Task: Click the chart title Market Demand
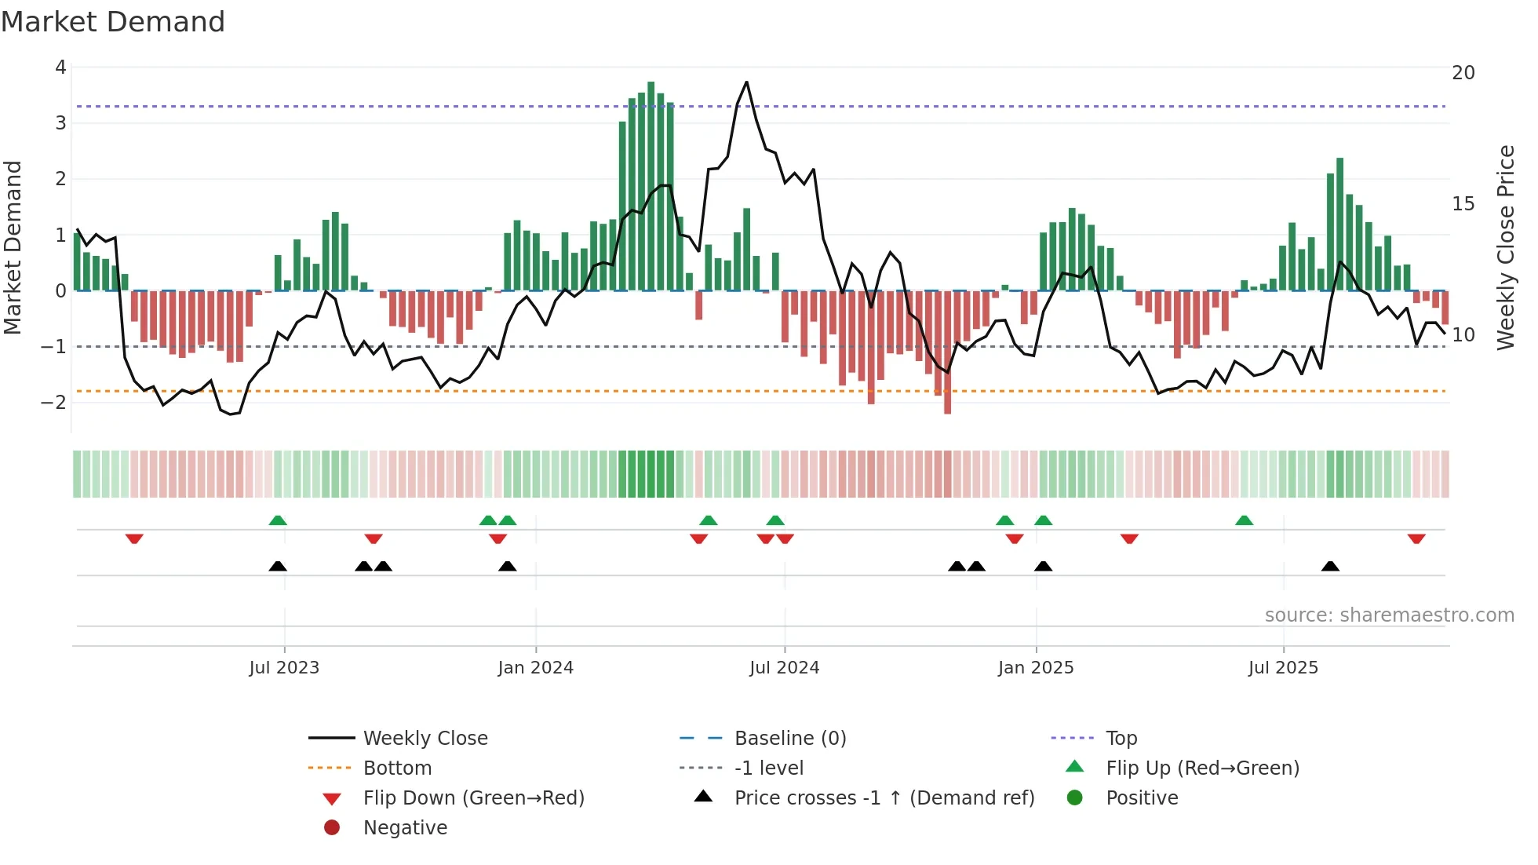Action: pyautogui.click(x=113, y=22)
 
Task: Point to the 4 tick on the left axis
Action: pyautogui.click(x=60, y=68)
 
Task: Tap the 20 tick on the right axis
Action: pyautogui.click(x=1463, y=73)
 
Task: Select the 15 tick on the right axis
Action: pyautogui.click(x=1463, y=204)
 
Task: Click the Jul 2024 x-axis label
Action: pyautogui.click(x=784, y=668)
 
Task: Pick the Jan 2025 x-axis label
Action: pyautogui.click(x=1036, y=668)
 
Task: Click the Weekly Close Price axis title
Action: pyautogui.click(x=1505, y=247)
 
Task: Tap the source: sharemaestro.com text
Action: pyautogui.click(x=1389, y=615)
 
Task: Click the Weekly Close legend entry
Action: pyautogui.click(x=425, y=739)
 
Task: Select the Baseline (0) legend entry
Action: pyautogui.click(x=790, y=739)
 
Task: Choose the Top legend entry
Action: pyautogui.click(x=1121, y=739)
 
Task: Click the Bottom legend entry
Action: pyautogui.click(x=397, y=768)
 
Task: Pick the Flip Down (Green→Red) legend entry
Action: pyautogui.click(x=473, y=798)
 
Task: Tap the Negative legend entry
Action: pyautogui.click(x=405, y=828)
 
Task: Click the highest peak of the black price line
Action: pyautogui.click(x=746, y=82)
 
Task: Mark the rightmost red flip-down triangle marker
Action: pyautogui.click(x=1416, y=539)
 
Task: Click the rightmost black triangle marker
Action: pyautogui.click(x=1330, y=566)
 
